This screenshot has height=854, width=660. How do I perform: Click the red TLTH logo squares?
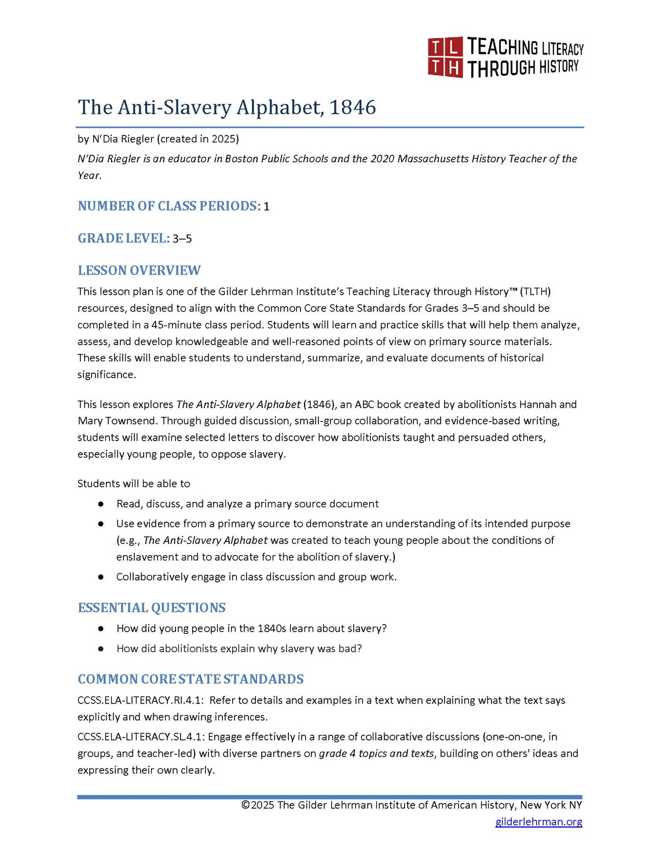pos(445,57)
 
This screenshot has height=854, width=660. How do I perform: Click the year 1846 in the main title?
pos(353,107)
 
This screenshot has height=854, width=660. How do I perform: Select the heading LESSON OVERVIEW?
pos(139,270)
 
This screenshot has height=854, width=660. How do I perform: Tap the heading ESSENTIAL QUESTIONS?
pos(152,607)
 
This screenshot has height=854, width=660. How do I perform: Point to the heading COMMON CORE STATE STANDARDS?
pos(190,679)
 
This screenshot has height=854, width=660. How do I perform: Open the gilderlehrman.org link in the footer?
pos(538,822)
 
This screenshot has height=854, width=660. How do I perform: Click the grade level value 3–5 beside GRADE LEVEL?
pos(182,239)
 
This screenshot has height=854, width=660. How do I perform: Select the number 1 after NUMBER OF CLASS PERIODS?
pos(266,207)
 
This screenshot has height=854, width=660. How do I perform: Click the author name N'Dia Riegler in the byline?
pos(123,139)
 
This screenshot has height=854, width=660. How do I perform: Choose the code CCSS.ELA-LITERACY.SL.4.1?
pos(141,737)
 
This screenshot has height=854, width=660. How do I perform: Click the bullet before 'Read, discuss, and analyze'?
pos(101,504)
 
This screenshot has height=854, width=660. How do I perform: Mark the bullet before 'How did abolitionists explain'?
pos(101,649)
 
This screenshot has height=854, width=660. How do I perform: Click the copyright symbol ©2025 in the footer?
pos(258,805)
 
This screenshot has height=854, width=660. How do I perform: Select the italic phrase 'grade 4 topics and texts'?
pos(376,754)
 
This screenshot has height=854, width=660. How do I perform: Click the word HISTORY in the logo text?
pos(559,67)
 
